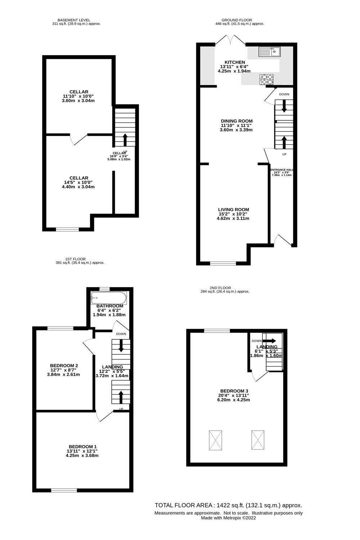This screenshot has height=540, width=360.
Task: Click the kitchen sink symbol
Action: click(269, 52)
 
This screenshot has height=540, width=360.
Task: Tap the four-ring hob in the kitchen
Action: click(267, 79)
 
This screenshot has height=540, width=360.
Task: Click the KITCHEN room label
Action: click(235, 62)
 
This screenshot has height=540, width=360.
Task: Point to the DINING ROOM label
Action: click(237, 121)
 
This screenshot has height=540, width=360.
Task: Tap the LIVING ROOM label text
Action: click(233, 210)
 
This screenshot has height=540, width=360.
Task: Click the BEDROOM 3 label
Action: click(234, 391)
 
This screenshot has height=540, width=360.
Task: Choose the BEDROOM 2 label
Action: click(64, 366)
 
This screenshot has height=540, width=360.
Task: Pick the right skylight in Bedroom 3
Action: click(258, 440)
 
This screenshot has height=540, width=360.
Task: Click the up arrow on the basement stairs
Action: click(125, 139)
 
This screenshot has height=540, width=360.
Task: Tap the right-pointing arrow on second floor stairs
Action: click(271, 341)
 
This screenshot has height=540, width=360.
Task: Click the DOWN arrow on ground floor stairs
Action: click(284, 105)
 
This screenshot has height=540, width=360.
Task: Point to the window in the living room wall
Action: click(223, 263)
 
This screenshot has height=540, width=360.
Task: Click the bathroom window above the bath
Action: click(105, 289)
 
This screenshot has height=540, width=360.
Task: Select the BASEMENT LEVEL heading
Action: click(74, 20)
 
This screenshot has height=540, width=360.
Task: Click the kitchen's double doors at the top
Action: click(231, 40)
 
